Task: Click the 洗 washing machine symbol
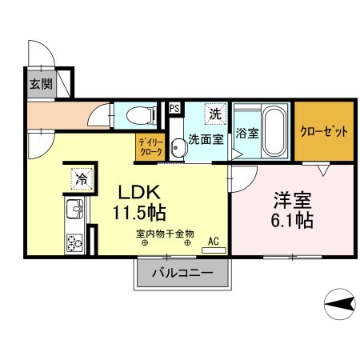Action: [214, 113]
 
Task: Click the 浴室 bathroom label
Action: [247, 134]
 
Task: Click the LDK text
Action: [142, 192]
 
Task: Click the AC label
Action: [213, 239]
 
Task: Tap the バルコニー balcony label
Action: [183, 273]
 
